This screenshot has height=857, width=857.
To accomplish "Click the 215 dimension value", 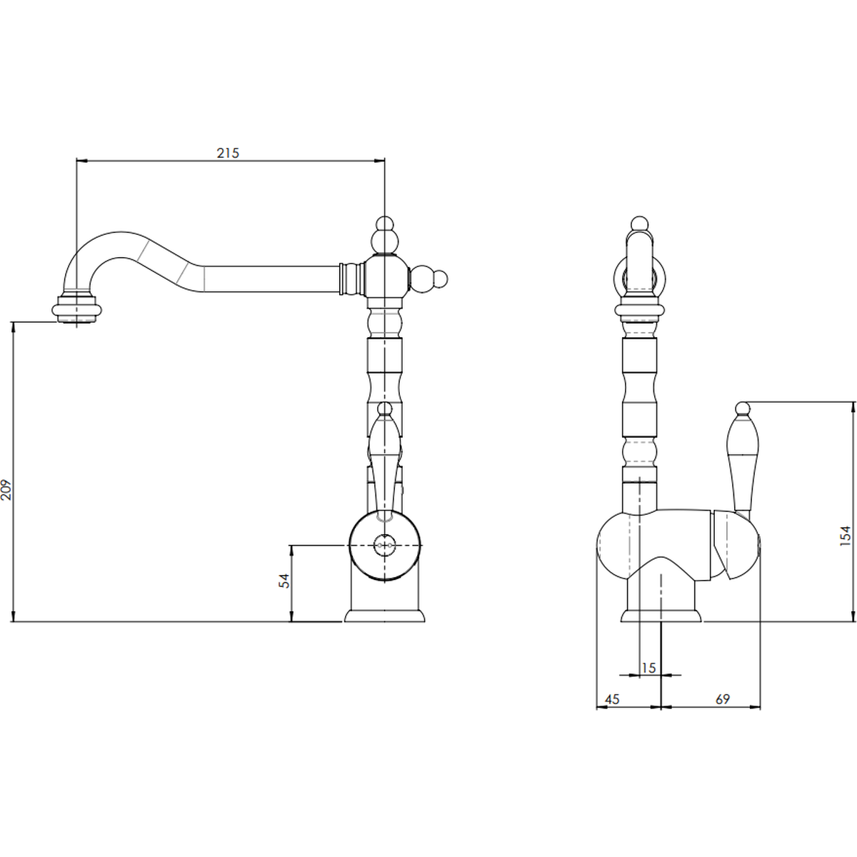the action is click(228, 153).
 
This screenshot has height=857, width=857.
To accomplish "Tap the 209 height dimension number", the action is click(6, 490).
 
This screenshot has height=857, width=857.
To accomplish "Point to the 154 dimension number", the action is click(846, 536).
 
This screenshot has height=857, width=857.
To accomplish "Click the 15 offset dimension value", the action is click(648, 668).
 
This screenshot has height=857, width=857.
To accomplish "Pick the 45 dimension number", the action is click(612, 699).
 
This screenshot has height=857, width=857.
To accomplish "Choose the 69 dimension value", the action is click(722, 699).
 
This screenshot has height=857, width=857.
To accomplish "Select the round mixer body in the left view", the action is click(385, 545).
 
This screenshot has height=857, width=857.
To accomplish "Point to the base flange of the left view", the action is click(385, 616).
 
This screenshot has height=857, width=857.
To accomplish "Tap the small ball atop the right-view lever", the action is click(742, 408).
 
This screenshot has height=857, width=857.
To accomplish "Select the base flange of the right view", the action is click(661, 616).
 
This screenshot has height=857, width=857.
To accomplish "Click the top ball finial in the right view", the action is click(639, 224).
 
